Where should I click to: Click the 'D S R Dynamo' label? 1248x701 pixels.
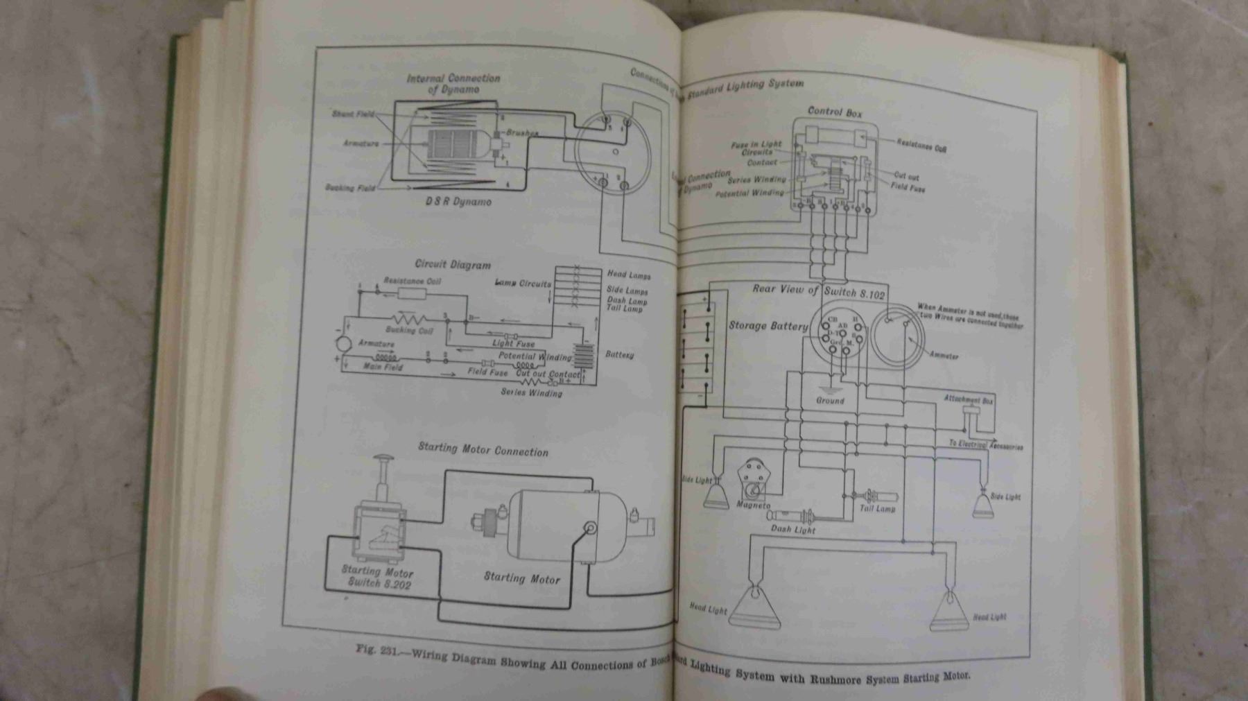pos(458,202)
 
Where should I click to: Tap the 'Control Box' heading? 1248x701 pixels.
pos(835,111)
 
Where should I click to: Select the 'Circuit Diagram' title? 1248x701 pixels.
pos(453,264)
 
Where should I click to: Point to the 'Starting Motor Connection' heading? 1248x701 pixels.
pos(483,449)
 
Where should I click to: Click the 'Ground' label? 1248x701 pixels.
pos(830,401)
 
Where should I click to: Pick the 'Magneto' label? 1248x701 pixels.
pos(754,505)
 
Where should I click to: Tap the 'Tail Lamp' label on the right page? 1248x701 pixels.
pos(877,508)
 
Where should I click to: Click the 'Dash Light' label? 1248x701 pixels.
pos(793,530)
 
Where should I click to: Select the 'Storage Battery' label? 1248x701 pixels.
pos(768,325)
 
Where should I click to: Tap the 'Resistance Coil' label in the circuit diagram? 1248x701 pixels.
pos(412,281)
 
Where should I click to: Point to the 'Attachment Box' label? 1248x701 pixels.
pos(968,400)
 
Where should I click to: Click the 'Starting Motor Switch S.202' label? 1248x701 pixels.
pos(377,578)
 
